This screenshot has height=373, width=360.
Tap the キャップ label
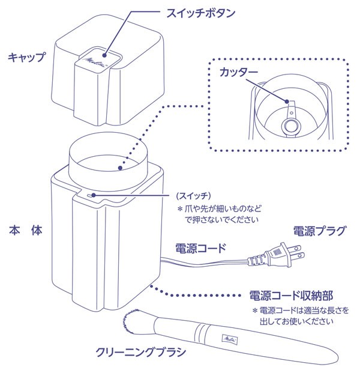pos(26,57)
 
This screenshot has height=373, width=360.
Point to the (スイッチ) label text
pos(192,196)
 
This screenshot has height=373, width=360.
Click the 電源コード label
pos(200,247)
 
